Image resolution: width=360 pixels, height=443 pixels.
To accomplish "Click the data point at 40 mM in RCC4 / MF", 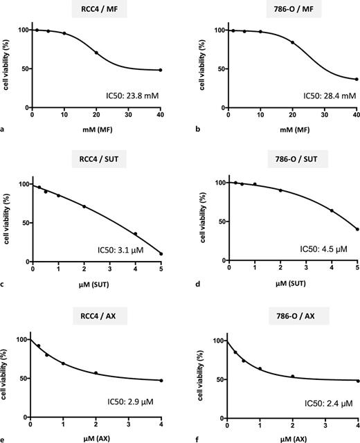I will tap(161, 70).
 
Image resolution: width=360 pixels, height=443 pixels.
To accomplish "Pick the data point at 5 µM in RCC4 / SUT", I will tap(161, 254).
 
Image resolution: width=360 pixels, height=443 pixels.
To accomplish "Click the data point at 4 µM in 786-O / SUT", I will tap(332, 210).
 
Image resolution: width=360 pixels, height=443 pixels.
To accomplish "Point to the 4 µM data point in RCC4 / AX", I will tap(161, 380).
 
